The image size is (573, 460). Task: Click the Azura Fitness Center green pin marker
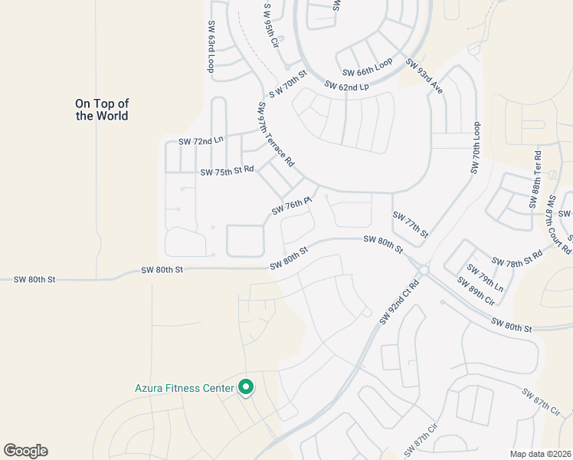click(246, 388)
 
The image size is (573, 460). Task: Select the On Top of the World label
click(101, 110)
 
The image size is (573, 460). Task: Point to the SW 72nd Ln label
click(201, 142)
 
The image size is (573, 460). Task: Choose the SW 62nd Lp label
click(346, 87)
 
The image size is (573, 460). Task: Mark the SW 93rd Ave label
click(424, 77)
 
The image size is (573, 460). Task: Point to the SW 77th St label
click(410, 224)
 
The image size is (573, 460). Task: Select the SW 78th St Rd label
click(516, 262)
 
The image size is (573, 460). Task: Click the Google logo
click(25, 451)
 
